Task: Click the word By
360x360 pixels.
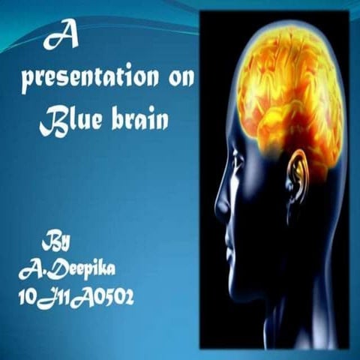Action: [x=57, y=243]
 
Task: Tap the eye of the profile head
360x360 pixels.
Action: [x=238, y=159]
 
